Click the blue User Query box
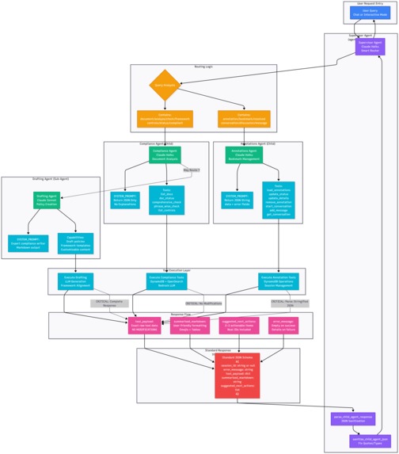(370, 13)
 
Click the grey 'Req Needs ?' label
(192, 170)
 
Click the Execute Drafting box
(75, 280)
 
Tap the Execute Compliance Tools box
(167, 280)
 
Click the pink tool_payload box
(144, 325)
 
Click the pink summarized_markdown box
(190, 325)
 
